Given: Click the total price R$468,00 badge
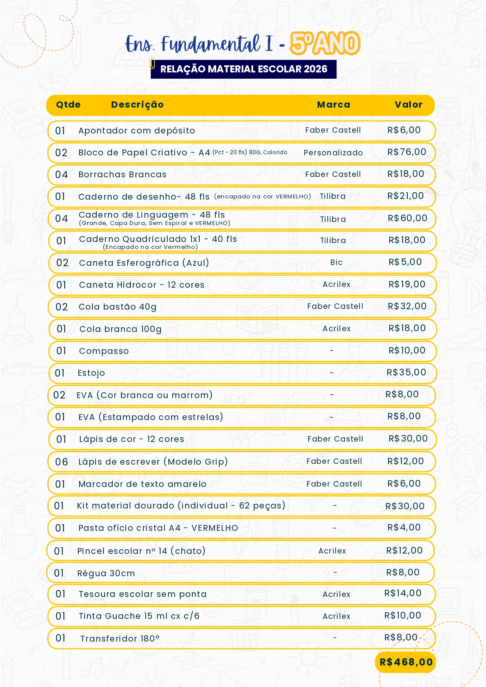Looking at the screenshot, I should pos(406,662).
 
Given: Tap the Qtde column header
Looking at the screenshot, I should pos(68,105).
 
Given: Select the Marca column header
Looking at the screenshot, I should pos(334,105).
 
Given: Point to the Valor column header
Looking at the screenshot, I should pos(408,105).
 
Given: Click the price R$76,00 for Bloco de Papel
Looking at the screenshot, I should pos(407,152).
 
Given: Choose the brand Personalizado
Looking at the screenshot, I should pos(333,153).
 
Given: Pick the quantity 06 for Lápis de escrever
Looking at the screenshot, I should pos(61,462).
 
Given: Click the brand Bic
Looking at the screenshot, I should pos(336,262).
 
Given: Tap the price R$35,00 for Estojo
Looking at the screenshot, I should pos(406,372).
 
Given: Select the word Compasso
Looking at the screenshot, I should pos(104,351).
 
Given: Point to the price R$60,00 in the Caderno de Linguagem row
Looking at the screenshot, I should pos(407,218).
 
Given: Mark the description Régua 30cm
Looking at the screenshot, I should pos(106,573).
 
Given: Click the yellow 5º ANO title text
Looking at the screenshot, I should pos(325,43).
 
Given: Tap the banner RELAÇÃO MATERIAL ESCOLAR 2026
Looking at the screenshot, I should pos(244,69).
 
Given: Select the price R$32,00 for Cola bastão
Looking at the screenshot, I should pos(407,306).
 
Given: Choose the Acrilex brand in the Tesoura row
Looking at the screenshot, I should pos(336,594).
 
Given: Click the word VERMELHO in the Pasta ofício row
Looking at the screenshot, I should pos(215,528).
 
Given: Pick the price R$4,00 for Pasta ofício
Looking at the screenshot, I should pos(404,527).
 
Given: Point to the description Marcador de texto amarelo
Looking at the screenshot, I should pos(142,484).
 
